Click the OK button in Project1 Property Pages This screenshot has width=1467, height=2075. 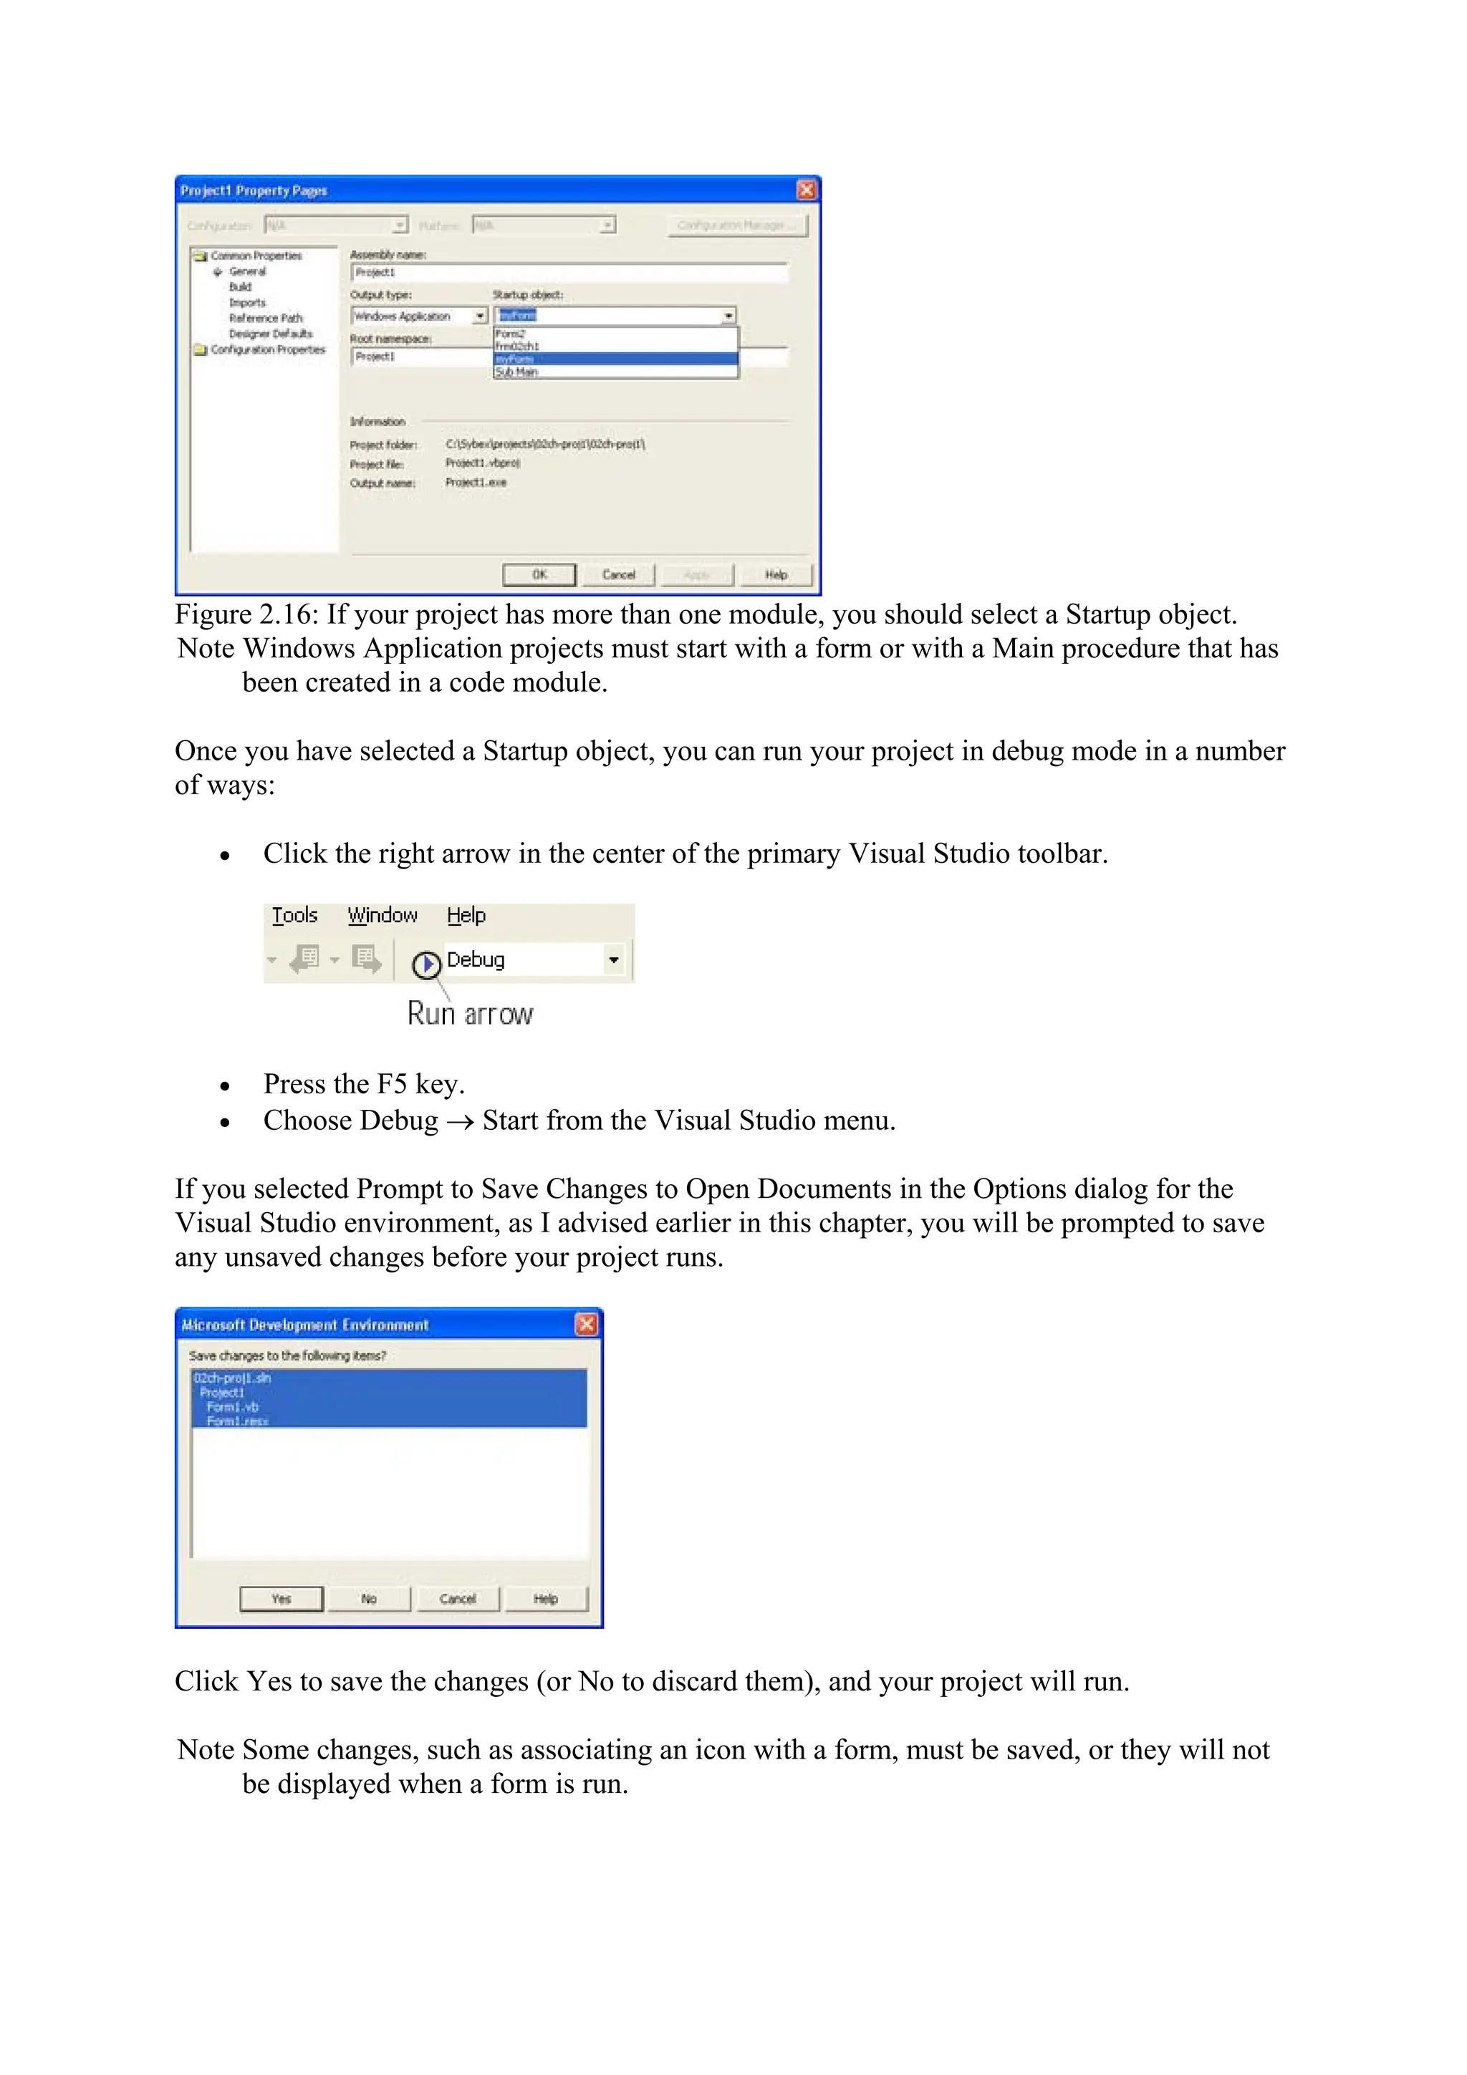point(539,575)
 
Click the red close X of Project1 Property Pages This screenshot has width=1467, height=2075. point(807,190)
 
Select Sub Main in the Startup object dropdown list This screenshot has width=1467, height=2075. point(517,372)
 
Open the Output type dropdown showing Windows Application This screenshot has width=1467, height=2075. point(481,316)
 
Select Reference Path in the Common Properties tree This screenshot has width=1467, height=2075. point(265,318)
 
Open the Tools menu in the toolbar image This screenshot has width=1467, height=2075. point(294,916)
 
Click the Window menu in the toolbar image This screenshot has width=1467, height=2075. point(383,916)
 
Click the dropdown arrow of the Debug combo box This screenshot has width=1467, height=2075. point(614,959)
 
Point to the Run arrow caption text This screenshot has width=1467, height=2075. point(470,1014)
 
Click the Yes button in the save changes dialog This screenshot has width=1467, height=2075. point(281,1599)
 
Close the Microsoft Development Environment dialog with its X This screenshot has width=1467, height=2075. point(587,1324)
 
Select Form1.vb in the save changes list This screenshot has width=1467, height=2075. point(232,1407)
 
